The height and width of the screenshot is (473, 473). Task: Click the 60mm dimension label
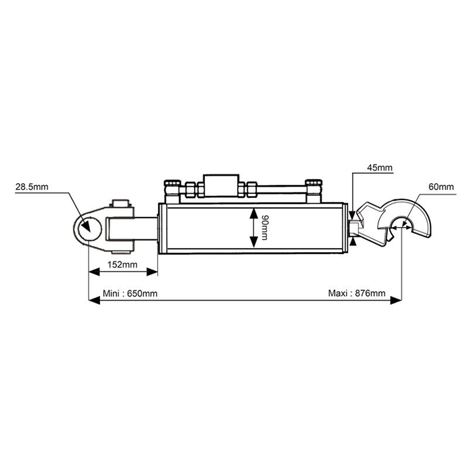[x=441, y=187]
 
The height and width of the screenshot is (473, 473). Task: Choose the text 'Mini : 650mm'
[x=130, y=293]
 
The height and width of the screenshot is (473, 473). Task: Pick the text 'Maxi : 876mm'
[x=357, y=293]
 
